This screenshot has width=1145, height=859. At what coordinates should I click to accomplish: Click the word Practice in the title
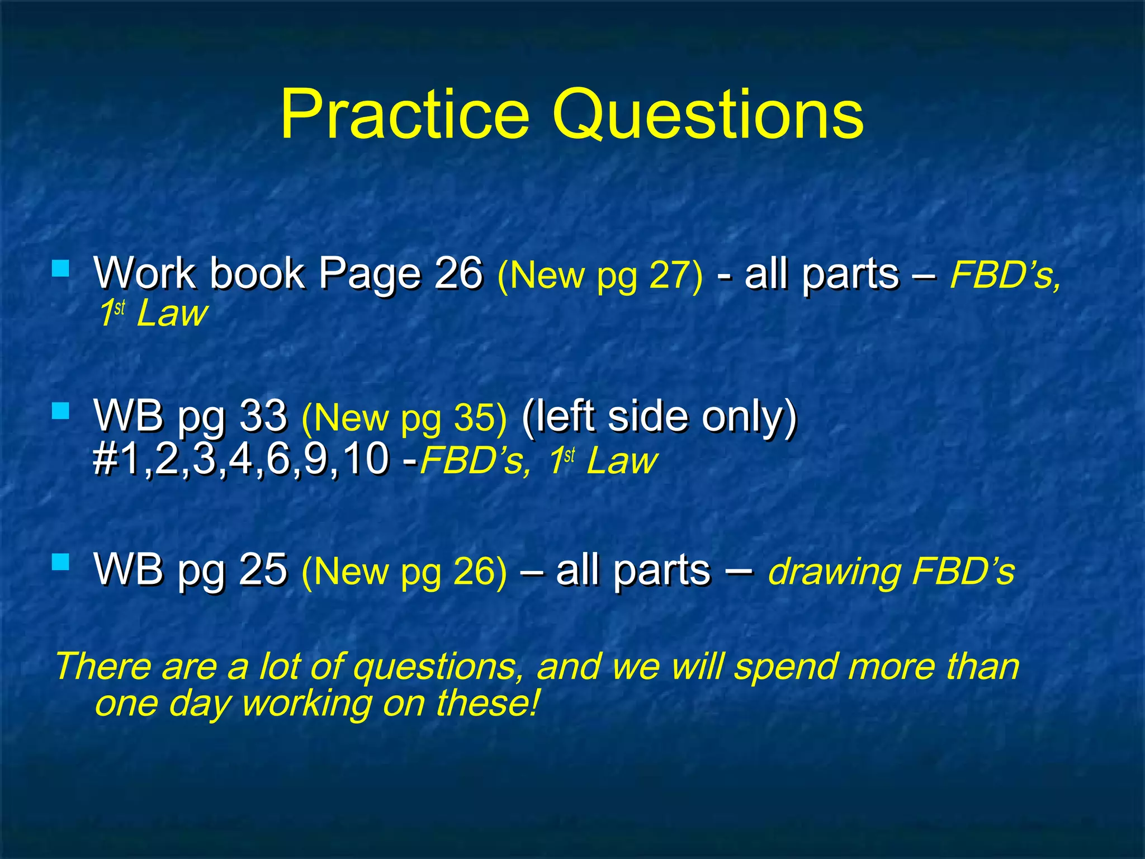(x=404, y=115)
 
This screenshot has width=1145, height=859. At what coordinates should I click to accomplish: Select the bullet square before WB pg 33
(x=60, y=412)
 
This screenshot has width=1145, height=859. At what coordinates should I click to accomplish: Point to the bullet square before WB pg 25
(x=60, y=562)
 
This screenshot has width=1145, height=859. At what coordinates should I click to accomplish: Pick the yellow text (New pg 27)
(x=600, y=275)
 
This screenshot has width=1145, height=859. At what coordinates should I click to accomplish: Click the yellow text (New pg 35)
(x=404, y=418)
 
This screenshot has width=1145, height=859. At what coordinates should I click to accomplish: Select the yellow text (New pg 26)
(x=404, y=572)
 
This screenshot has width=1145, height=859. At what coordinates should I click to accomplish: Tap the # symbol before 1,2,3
(x=105, y=459)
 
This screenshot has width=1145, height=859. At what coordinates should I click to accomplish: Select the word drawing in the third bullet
(x=834, y=572)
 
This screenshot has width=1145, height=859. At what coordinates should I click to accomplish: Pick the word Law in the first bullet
(x=172, y=313)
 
